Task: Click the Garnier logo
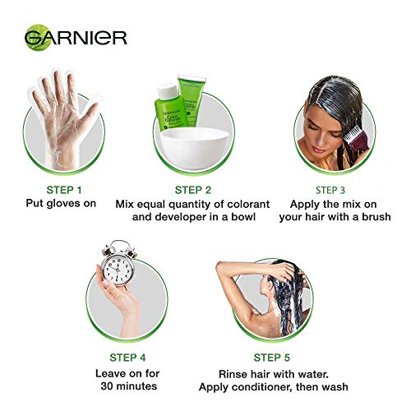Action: tap(76, 38)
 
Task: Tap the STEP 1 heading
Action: tap(64, 190)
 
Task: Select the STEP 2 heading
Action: tap(193, 190)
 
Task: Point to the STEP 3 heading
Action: tap(330, 190)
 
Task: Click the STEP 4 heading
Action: tap(127, 358)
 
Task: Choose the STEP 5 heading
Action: tap(271, 358)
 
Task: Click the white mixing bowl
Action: tap(195, 148)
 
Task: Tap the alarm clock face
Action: tap(118, 268)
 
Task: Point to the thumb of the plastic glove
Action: tap(90, 109)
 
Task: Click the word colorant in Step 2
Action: tap(248, 205)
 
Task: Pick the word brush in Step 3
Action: tap(376, 217)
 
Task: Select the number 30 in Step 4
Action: tap(107, 386)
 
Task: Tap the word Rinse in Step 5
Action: tap(232, 374)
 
